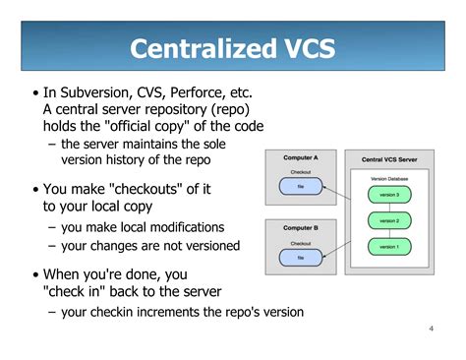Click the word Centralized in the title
tap(204, 48)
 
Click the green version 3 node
tap(389, 195)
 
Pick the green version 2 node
tap(389, 220)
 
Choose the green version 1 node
tap(389, 247)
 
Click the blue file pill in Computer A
tap(301, 186)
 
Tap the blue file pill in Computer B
tap(301, 258)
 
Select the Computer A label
tap(301, 157)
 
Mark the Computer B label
tap(301, 228)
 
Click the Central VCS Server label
tap(389, 159)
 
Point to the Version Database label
tap(389, 179)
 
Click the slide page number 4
tap(432, 329)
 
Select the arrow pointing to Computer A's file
tap(337, 193)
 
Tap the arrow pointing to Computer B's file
tap(337, 249)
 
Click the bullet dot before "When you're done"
tap(35, 274)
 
